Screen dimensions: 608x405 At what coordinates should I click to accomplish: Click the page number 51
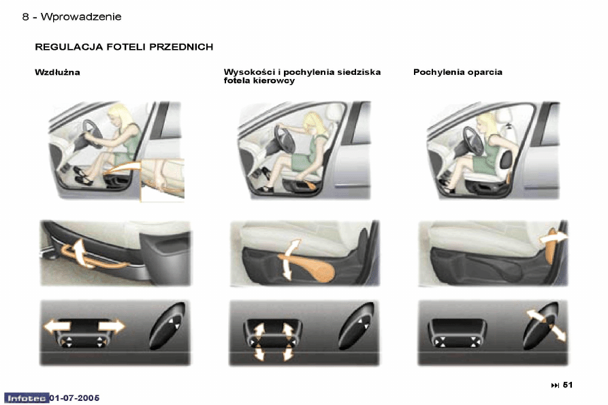[568, 385]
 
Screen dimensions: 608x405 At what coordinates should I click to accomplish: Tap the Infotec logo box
[27, 398]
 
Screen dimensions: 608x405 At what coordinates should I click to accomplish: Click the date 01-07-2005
[75, 398]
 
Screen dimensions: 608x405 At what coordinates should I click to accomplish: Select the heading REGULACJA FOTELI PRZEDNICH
[124, 47]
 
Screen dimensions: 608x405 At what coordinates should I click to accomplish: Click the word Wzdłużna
[57, 72]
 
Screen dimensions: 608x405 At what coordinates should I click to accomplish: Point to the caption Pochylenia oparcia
[458, 72]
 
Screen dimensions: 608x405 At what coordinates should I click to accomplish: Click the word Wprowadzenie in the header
[81, 16]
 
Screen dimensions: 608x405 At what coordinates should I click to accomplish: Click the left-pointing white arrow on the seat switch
[57, 326]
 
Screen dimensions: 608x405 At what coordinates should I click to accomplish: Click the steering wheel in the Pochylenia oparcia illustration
[473, 140]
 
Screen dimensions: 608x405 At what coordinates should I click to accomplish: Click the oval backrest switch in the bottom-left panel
[167, 325]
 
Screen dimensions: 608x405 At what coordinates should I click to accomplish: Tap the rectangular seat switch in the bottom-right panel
[457, 333]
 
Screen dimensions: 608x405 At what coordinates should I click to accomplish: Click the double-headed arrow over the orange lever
[289, 259]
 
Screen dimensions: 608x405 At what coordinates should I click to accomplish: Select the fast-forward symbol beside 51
[555, 385]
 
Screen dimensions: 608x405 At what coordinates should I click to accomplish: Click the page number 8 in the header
[26, 16]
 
